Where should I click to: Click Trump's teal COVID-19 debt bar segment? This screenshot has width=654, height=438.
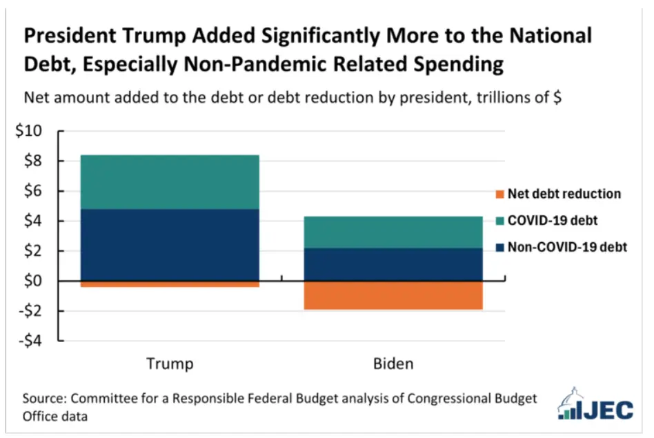pyautogui.click(x=170, y=182)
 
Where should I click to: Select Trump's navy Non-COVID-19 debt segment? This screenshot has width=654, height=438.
pyautogui.click(x=170, y=245)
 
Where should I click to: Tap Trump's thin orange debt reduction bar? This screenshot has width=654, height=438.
pyautogui.click(x=170, y=284)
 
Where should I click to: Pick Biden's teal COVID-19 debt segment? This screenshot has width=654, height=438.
pyautogui.click(x=393, y=232)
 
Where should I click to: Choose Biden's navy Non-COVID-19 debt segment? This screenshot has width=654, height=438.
pyautogui.click(x=393, y=264)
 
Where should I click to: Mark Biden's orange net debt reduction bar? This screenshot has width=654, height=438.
pyautogui.click(x=393, y=295)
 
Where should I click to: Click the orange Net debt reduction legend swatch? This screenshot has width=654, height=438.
pyautogui.click(x=499, y=194)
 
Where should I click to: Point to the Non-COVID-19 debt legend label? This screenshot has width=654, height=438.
pyautogui.click(x=567, y=247)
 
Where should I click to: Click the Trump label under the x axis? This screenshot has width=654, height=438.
pyautogui.click(x=170, y=364)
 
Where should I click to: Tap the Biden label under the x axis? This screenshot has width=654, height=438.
pyautogui.click(x=393, y=364)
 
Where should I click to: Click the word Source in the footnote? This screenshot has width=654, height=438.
pyautogui.click(x=47, y=399)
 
